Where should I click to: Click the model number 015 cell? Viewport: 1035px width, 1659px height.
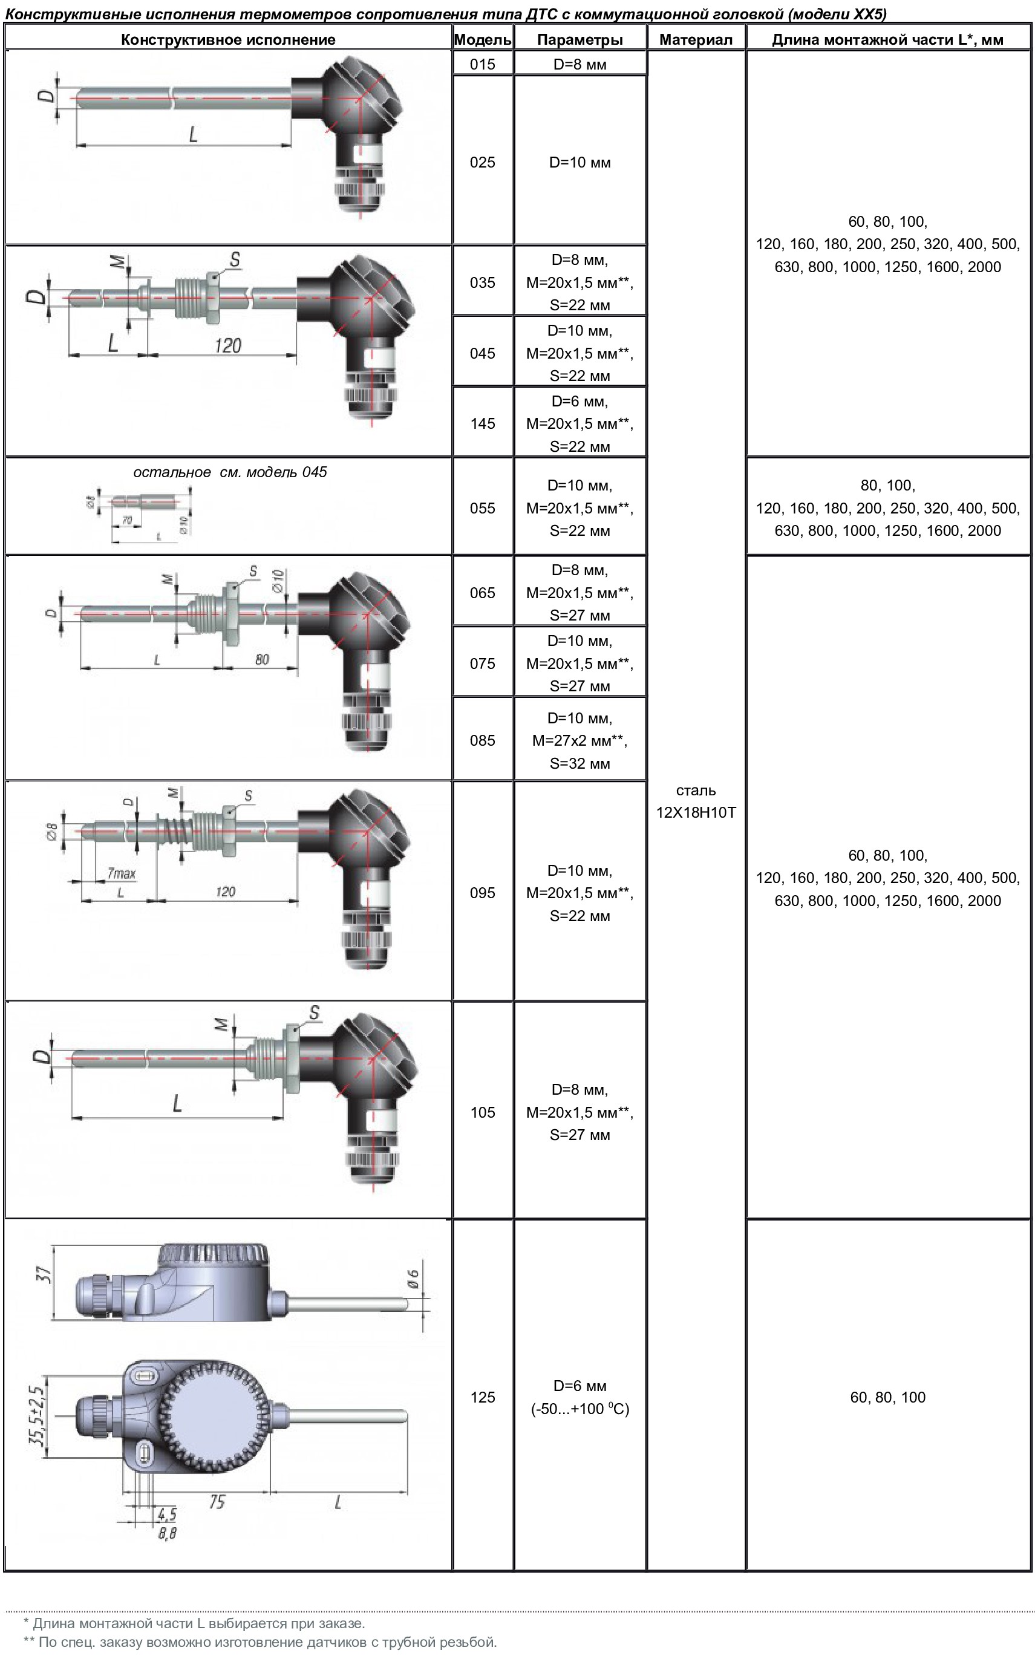point(482,64)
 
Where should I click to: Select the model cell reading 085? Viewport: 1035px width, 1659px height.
point(482,740)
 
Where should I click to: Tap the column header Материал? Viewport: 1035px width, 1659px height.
point(696,40)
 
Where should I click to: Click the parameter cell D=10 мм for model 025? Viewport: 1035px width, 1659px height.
point(579,163)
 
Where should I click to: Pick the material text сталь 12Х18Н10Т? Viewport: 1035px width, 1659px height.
point(696,801)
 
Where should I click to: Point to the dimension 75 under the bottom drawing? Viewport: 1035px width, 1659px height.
point(217,1502)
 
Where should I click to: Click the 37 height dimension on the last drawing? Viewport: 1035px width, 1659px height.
point(42,1275)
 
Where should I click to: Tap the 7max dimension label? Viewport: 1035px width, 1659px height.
point(121,873)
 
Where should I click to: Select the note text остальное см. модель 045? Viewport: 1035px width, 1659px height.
point(229,472)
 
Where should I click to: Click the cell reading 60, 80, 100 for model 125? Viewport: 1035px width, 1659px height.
point(887,1398)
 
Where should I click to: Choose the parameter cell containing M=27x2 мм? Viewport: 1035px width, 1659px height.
point(579,740)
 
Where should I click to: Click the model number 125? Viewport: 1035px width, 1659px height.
point(482,1398)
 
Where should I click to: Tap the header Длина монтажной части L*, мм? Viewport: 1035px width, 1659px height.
point(887,40)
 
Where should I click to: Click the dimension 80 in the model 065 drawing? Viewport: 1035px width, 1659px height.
point(261,660)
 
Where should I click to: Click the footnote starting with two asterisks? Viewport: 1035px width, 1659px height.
point(260,1642)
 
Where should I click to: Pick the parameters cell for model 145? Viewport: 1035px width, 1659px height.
point(579,423)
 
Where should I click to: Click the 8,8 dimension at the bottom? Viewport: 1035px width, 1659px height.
point(167,1534)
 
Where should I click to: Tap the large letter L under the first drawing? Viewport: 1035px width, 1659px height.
point(193,134)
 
